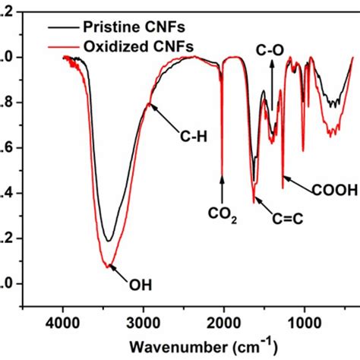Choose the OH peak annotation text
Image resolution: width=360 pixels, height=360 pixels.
click(x=140, y=286)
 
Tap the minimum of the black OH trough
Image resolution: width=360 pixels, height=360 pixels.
click(x=109, y=241)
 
